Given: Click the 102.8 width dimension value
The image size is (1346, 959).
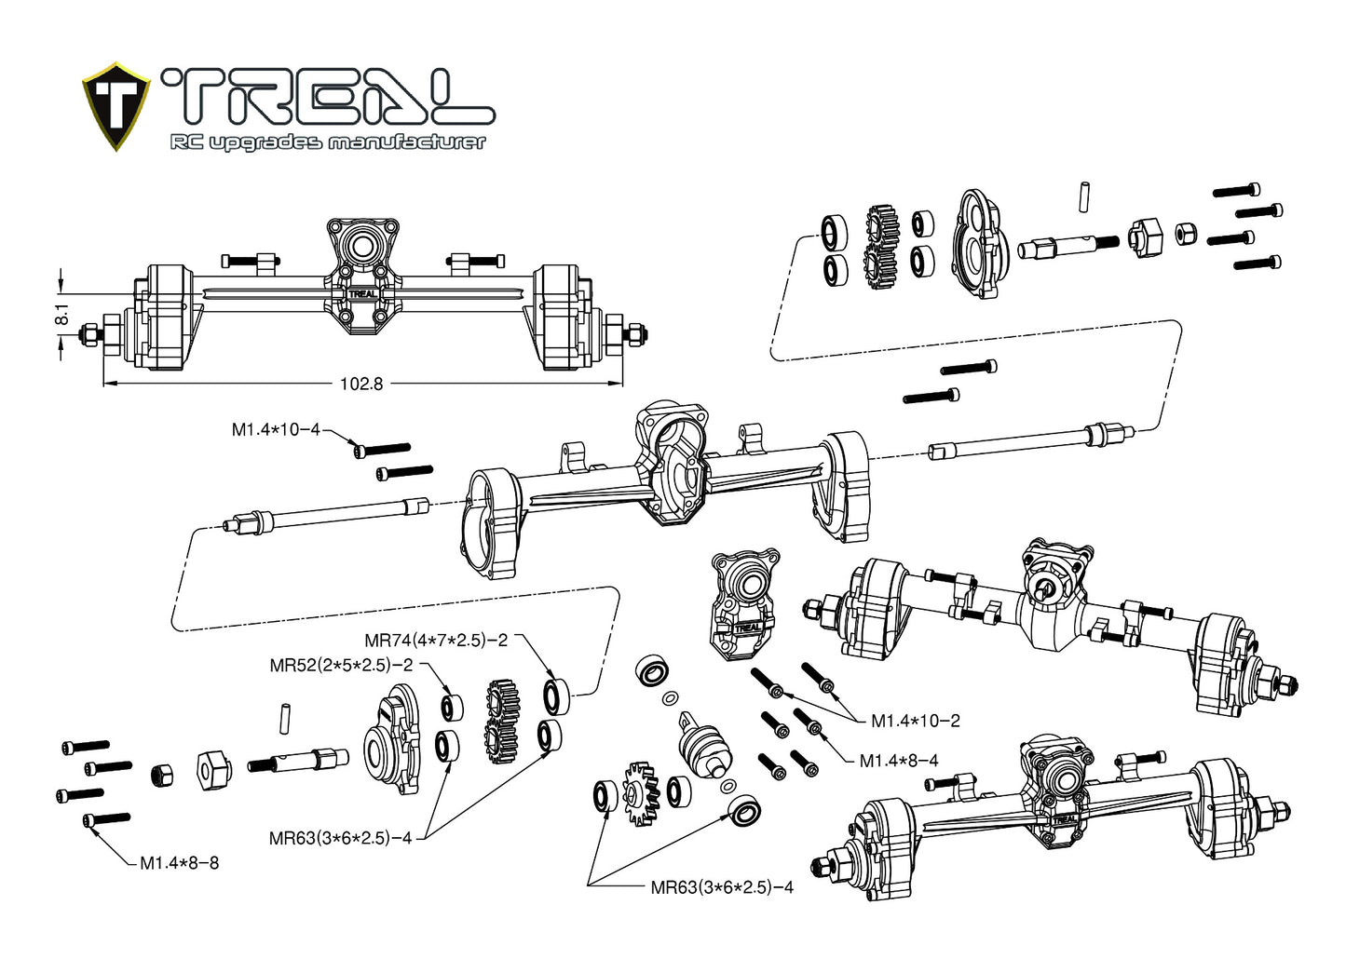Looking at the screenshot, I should pyautogui.click(x=360, y=384).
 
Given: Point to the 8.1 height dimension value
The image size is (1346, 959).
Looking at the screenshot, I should pyautogui.click(x=62, y=315).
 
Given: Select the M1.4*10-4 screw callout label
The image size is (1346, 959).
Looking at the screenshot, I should pyautogui.click(x=275, y=429).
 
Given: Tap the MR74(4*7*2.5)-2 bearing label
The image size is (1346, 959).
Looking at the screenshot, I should pyautogui.click(x=436, y=641).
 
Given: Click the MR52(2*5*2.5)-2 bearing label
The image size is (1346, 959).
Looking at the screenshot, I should pyautogui.click(x=341, y=665).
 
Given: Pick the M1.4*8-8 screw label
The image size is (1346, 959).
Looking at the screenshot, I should pyautogui.click(x=180, y=862).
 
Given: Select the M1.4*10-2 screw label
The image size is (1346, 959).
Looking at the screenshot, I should pyautogui.click(x=915, y=720).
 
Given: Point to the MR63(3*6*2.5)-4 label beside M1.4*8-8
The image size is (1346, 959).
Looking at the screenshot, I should pyautogui.click(x=340, y=838).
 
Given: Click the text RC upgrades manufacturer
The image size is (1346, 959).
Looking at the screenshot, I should pyautogui.click(x=328, y=142).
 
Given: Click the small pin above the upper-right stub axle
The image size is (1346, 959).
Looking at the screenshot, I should pyautogui.click(x=1084, y=196).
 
